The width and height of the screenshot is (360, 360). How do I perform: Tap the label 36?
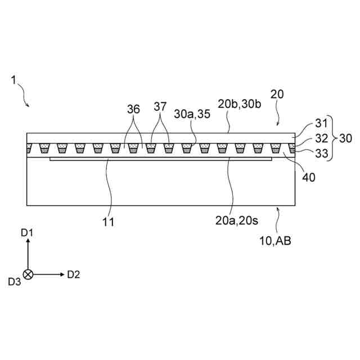coord(133,110)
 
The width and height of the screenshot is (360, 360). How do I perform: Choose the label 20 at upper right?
coord(277,94)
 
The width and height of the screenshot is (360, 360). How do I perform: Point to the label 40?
coord(308,177)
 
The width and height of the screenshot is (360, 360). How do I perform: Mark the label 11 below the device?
coord(108,222)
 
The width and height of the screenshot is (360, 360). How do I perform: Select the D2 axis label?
coord(73,274)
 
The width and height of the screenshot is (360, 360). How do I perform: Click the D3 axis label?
coord(14,282)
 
